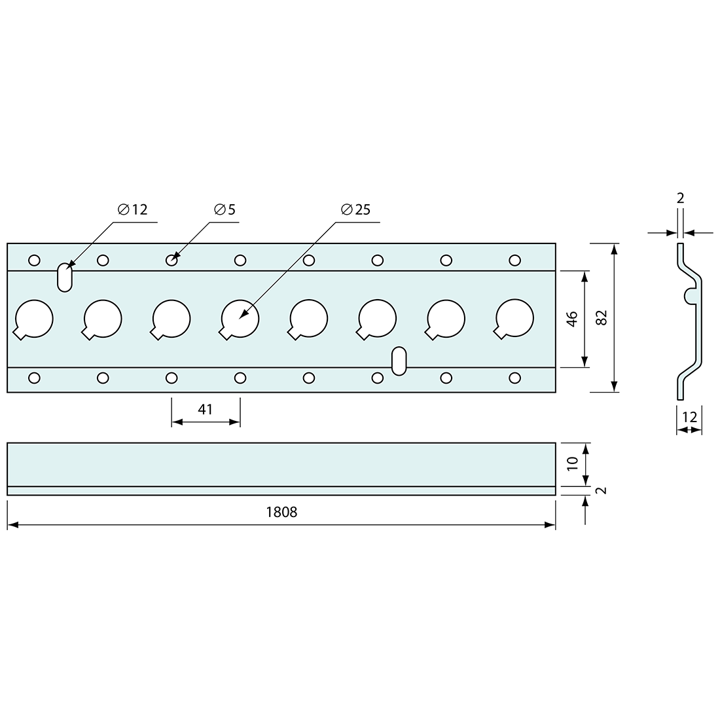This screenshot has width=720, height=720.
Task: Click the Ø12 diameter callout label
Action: [x=133, y=210]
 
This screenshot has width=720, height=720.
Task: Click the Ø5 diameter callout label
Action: [x=225, y=210]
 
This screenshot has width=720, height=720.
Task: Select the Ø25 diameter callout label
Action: [x=355, y=210]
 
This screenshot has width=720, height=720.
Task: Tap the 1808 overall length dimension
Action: [x=281, y=512]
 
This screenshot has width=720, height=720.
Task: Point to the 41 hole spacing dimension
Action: [x=206, y=410]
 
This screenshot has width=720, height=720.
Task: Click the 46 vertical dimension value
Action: [x=572, y=319]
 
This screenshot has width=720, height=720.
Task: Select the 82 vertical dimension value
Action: [x=602, y=317]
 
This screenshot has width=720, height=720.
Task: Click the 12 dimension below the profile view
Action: [x=689, y=416]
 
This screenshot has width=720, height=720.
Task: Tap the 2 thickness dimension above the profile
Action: [x=680, y=198]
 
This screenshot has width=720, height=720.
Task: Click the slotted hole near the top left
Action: [x=64, y=277]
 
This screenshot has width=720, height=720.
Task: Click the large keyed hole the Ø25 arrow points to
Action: [x=240, y=319]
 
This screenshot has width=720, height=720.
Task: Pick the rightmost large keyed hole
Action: [x=514, y=319]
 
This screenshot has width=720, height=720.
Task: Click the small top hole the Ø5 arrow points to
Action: [x=171, y=261]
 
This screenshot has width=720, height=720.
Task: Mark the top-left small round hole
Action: [x=34, y=261]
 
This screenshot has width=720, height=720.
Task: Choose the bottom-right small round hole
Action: [x=515, y=378]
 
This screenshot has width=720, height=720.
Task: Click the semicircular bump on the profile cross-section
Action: [x=689, y=296]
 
